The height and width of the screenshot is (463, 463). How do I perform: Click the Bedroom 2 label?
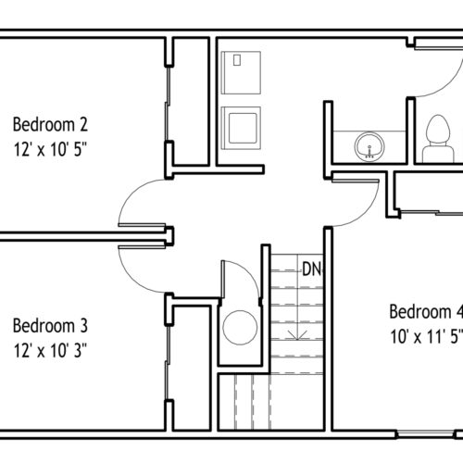click(x=50, y=124)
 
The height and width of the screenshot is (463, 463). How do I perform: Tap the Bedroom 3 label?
click(x=50, y=325)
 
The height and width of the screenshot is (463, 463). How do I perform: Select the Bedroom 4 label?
click(x=426, y=311)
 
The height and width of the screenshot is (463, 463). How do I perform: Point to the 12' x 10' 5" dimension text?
click(x=50, y=150)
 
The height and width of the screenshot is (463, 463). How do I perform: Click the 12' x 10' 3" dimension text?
click(x=50, y=351)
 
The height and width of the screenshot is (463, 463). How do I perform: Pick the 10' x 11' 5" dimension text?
click(x=427, y=336)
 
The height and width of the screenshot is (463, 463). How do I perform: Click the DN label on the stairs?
click(x=312, y=269)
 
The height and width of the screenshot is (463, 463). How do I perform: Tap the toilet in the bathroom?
click(x=438, y=139)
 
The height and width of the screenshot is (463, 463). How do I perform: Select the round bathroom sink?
click(x=369, y=146)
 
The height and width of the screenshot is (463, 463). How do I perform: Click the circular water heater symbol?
click(x=240, y=328)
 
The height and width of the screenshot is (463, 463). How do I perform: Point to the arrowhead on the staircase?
click(x=296, y=336)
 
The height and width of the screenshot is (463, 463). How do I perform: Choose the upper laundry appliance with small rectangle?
click(x=241, y=73)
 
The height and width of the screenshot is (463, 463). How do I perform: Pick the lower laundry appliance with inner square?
click(x=241, y=128)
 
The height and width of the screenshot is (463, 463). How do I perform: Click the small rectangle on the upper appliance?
click(x=237, y=60)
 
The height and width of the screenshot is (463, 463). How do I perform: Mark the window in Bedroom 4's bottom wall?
click(x=426, y=434)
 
